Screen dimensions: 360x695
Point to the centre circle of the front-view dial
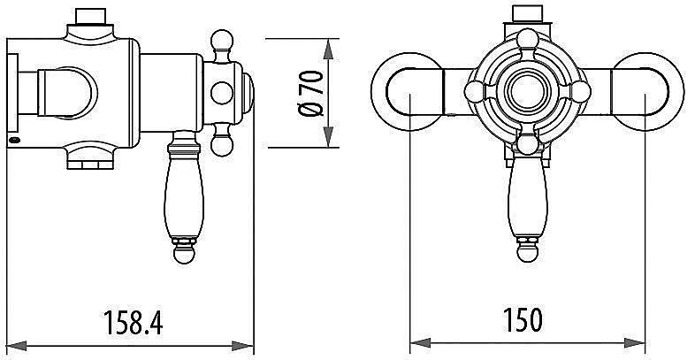(528, 92)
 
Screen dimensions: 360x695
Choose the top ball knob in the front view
(528, 40)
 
